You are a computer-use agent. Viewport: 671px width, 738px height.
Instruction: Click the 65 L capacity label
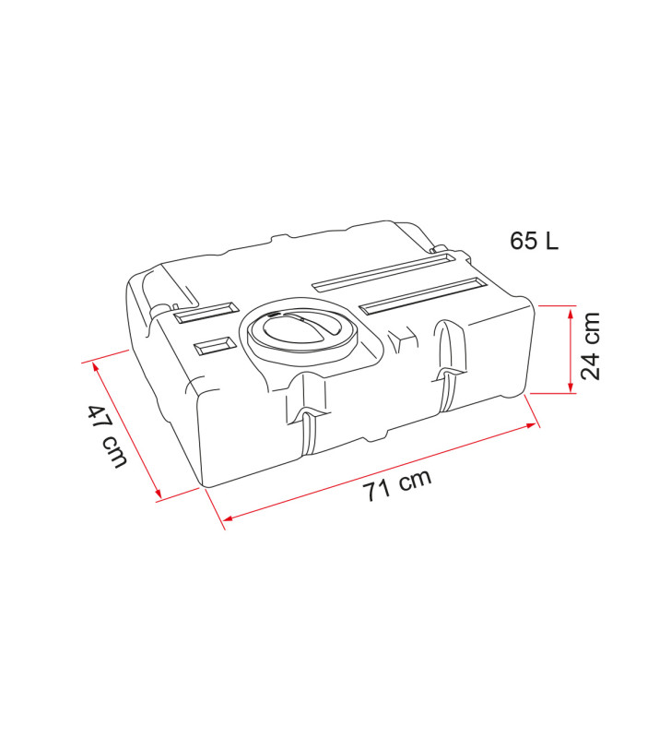point(535,241)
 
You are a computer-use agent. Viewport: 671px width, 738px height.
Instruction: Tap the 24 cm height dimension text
point(592,346)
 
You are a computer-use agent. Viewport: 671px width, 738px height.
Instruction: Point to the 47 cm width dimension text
point(107,436)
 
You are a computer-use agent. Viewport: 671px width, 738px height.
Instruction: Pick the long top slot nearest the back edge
point(381,272)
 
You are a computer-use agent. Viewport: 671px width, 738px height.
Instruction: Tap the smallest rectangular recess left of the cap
point(214,346)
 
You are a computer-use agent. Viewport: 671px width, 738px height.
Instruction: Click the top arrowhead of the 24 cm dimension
point(571,313)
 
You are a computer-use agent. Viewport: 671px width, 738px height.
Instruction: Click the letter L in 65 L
point(550,241)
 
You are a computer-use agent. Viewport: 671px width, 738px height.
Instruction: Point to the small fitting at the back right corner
point(440,248)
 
